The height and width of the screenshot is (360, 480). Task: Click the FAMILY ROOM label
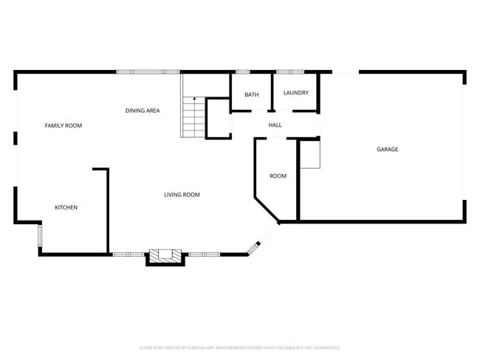pos(64,125)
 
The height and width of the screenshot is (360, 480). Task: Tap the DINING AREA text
pos(143,111)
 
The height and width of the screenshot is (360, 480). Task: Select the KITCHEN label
pos(66,207)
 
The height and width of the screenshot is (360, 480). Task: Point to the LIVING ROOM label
pos(182,195)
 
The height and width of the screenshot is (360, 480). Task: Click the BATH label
pos(252,94)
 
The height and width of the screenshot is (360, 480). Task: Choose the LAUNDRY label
pos(295,93)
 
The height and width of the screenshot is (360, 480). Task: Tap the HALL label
pos(275,125)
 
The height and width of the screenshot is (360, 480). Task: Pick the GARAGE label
pos(388,149)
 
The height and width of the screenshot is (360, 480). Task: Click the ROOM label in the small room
pos(278,176)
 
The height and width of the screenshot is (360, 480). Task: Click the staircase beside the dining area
pos(193,118)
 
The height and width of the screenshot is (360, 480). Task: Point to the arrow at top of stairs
pos(194,100)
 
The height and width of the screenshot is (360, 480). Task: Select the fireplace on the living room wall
pos(165,257)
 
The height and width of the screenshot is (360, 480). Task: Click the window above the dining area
pos(148,72)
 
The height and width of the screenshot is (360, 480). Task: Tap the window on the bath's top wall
pos(242,72)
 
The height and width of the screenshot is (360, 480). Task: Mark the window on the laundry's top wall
pos(289,72)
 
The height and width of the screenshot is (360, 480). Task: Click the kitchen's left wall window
pos(40,236)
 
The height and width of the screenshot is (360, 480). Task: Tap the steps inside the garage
pos(310,155)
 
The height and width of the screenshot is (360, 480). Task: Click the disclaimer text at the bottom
pos(240,347)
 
